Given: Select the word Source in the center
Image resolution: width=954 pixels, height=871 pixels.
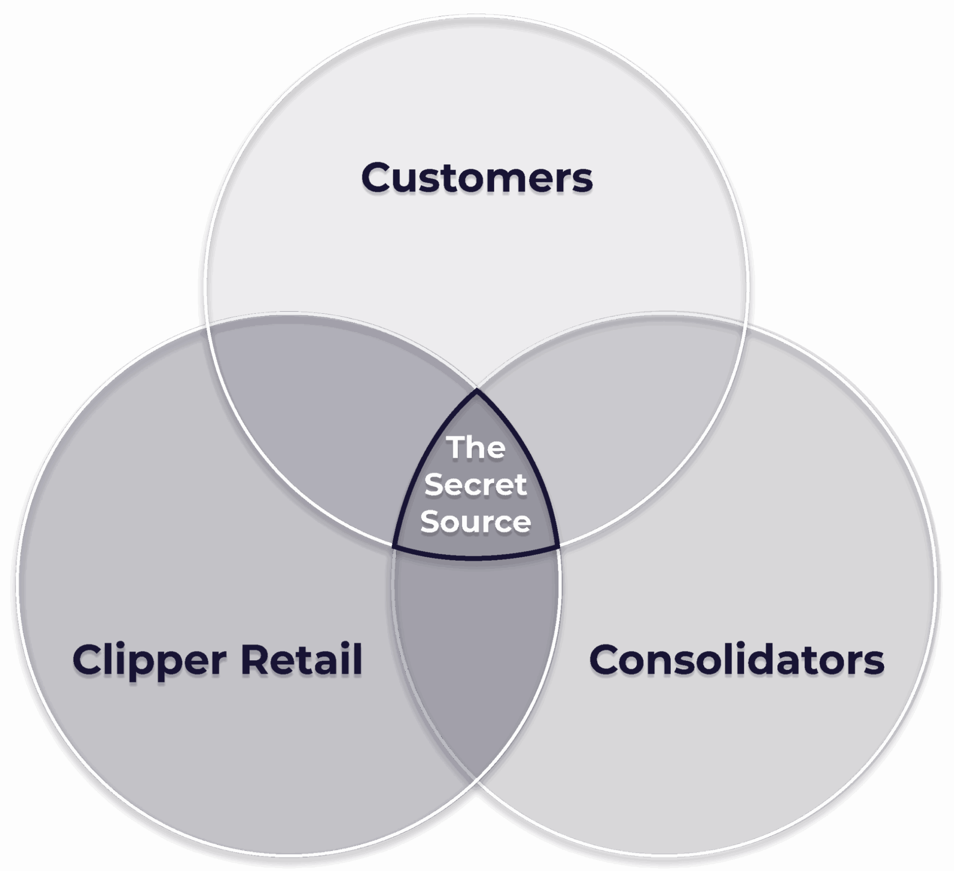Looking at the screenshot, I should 476,521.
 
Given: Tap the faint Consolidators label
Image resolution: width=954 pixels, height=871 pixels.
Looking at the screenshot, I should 737,660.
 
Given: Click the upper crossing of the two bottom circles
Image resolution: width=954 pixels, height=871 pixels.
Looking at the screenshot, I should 476,388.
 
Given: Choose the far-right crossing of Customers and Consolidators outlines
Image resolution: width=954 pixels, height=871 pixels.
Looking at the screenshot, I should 745,325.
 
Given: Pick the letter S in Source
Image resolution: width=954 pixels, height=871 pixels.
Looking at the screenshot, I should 430,521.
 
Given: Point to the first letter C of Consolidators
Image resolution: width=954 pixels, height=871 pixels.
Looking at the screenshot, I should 604,660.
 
